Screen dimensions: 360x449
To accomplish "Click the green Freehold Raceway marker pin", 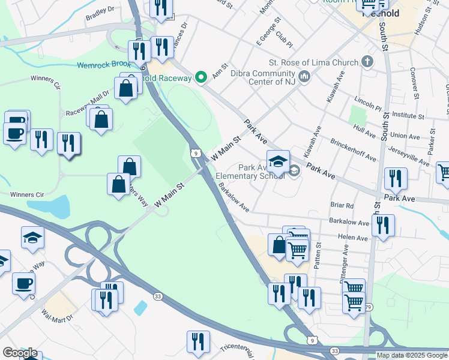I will click(201, 77).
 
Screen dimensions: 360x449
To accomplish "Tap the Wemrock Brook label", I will click(103, 64).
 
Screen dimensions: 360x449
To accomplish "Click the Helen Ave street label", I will click(352, 238).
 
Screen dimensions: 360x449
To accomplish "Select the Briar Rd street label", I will click(342, 205).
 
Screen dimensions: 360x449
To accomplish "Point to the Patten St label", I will click(319, 254).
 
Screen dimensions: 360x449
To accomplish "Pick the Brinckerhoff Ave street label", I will click(353, 149).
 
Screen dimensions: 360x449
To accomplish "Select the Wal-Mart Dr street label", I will click(57, 315).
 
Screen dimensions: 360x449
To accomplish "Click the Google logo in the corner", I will click(19, 353).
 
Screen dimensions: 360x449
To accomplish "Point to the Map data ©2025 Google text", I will click(412, 355).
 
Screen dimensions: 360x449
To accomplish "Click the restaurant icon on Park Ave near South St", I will click(396, 178).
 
